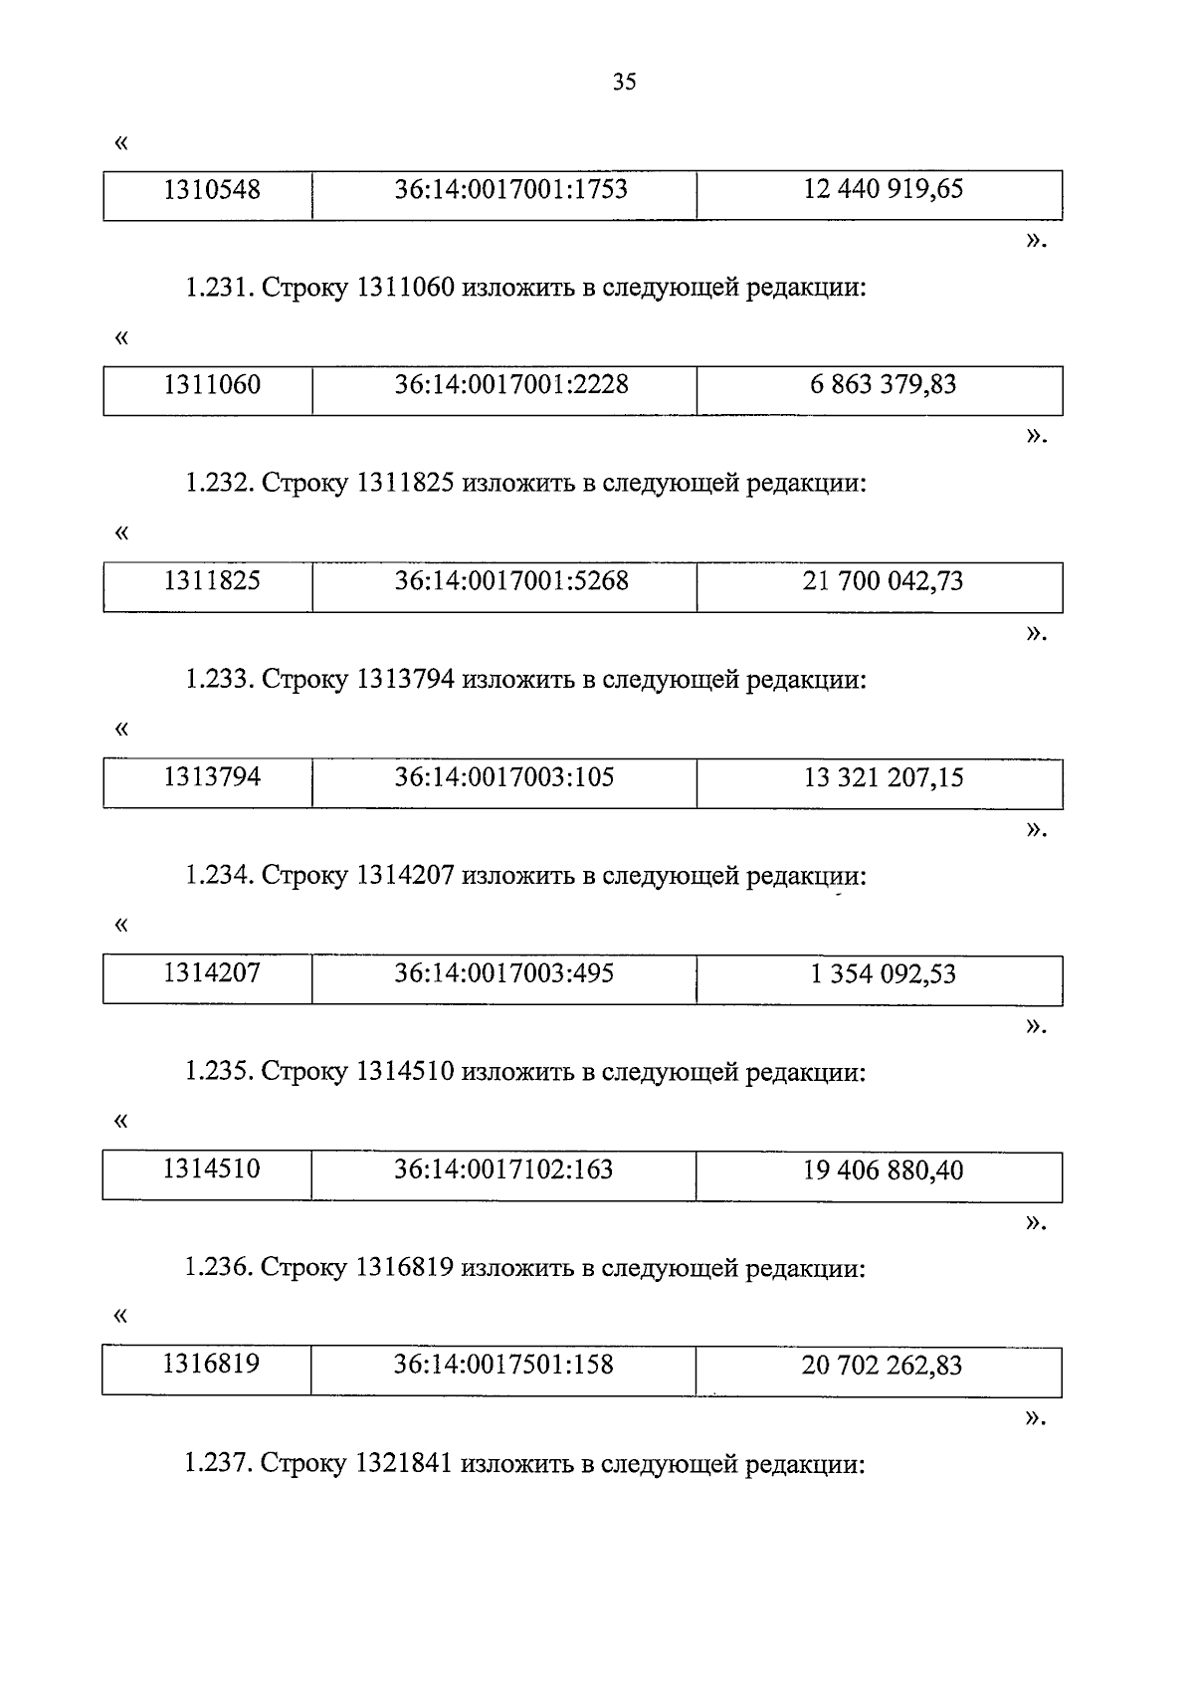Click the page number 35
(x=624, y=83)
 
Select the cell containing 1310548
(x=212, y=189)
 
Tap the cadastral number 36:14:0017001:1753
(x=511, y=189)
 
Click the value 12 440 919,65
(x=883, y=189)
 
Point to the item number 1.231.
(x=220, y=289)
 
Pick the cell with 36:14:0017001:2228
(x=511, y=384)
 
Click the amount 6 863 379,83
(x=883, y=384)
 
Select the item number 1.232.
(x=220, y=484)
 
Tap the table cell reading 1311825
(x=212, y=580)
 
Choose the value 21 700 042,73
(x=883, y=581)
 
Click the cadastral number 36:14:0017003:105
(x=504, y=777)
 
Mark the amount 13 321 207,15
(x=883, y=777)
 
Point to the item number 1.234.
(x=220, y=876)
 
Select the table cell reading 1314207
(x=212, y=972)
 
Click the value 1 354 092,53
(x=883, y=973)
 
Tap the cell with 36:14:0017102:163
(x=503, y=1169)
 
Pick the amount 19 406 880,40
(x=883, y=1170)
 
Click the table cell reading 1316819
(x=212, y=1364)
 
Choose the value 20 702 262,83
(x=882, y=1366)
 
